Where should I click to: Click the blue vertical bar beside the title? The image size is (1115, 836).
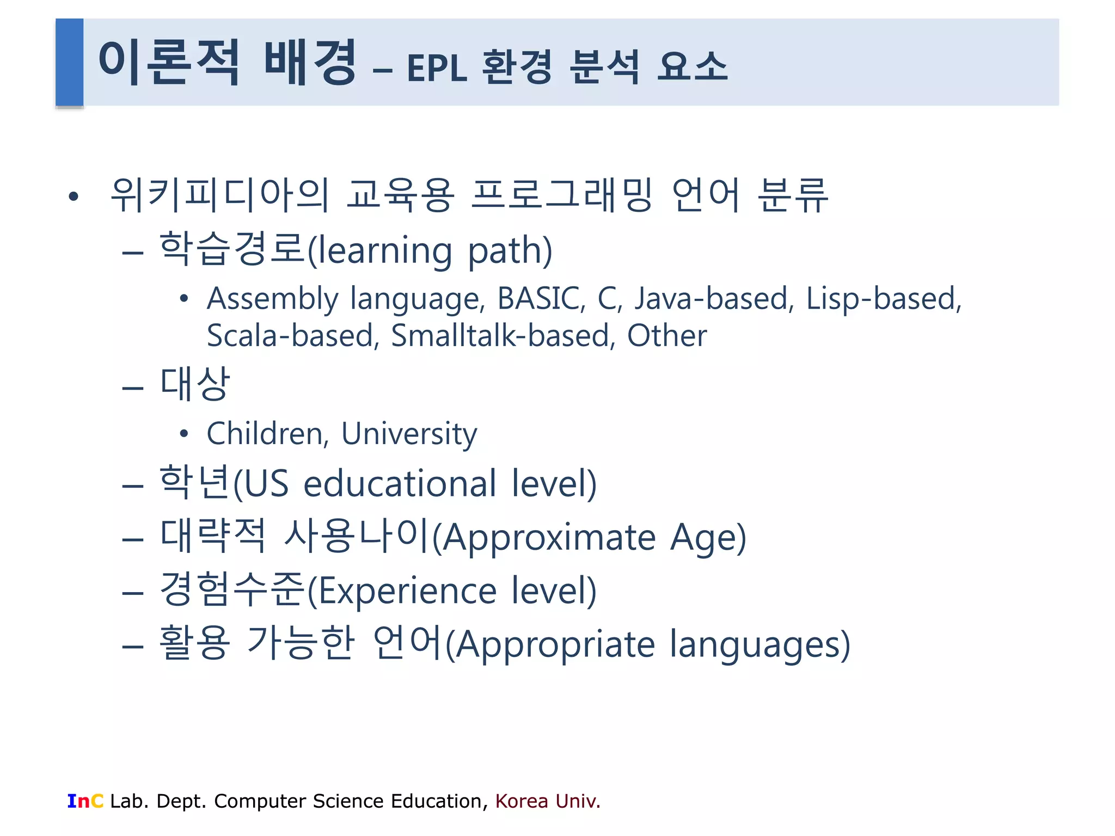click(69, 62)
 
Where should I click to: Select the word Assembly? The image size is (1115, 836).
click(273, 299)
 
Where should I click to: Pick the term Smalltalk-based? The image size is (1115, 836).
click(503, 335)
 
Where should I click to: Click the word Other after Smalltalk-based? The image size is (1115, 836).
click(667, 335)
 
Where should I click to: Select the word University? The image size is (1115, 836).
click(409, 434)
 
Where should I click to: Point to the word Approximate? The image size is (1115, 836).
click(549, 537)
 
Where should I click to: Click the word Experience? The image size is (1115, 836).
click(407, 591)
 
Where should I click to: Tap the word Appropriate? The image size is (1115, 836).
click(555, 644)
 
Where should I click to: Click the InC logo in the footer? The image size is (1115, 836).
click(85, 801)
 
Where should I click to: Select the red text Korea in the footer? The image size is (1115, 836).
click(522, 801)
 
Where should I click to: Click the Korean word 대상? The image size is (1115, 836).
click(195, 384)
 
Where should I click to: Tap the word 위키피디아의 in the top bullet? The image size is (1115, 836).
click(220, 195)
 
